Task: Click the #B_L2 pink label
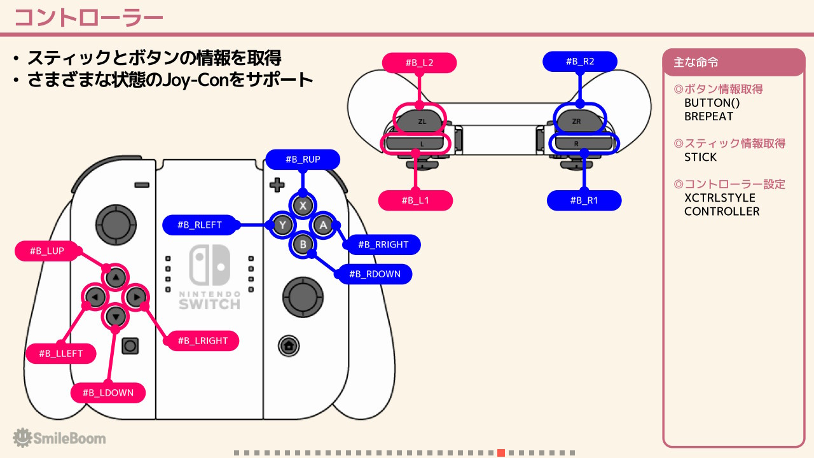click(419, 62)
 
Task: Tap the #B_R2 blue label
click(580, 62)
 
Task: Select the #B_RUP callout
click(303, 159)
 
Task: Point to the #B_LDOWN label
click(108, 392)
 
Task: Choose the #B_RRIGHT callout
click(383, 245)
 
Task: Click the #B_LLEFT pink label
click(60, 353)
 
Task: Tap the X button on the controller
click(303, 205)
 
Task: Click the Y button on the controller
click(283, 225)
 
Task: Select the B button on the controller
click(303, 245)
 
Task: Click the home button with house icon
click(289, 345)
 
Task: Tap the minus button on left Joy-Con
click(142, 185)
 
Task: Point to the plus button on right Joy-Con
click(277, 184)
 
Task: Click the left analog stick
click(116, 225)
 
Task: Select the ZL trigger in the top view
click(421, 121)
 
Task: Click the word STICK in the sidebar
click(700, 157)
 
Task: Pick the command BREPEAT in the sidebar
click(708, 116)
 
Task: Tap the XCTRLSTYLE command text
click(719, 198)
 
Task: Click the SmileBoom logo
click(59, 438)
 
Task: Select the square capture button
click(130, 345)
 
